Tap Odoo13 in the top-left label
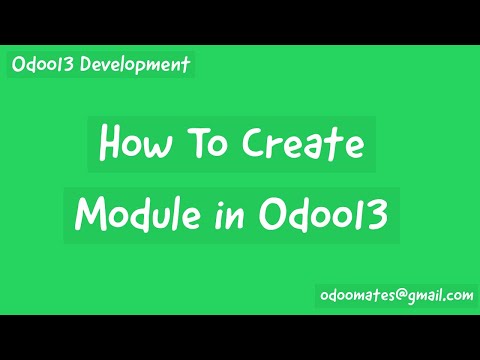[46, 65]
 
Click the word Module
[135, 213]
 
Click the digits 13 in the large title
[371, 213]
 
